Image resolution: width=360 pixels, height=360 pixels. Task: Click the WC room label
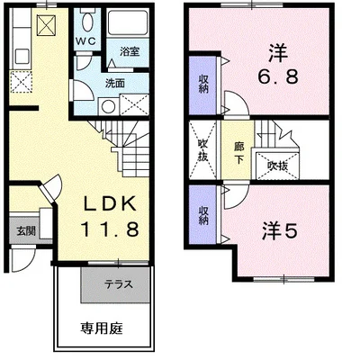tap(85, 41)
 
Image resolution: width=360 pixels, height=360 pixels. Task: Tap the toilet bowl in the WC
tap(87, 22)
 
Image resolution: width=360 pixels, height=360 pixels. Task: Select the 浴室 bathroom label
tap(130, 51)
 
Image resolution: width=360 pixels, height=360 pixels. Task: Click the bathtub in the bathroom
tap(128, 23)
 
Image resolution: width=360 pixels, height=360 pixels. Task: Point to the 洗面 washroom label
tap(114, 84)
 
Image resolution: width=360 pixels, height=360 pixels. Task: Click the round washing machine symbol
tap(107, 106)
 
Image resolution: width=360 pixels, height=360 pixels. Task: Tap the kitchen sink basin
tap(22, 57)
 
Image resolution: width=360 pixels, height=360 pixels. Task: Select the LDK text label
tap(110, 204)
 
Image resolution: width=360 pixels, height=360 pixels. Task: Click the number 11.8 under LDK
tap(110, 229)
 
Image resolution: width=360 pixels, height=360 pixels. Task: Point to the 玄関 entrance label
tap(26, 231)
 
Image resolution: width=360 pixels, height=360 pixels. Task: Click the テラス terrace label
tap(119, 284)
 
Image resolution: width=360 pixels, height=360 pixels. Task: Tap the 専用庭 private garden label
tap(102, 328)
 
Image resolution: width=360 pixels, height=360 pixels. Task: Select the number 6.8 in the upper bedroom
tap(278, 76)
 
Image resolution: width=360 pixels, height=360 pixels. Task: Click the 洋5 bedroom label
tap(280, 231)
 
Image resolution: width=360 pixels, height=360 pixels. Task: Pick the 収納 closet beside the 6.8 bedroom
tap(203, 84)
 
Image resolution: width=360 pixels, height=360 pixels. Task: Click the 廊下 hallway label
tap(239, 153)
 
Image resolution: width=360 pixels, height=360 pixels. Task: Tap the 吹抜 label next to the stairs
tap(277, 166)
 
